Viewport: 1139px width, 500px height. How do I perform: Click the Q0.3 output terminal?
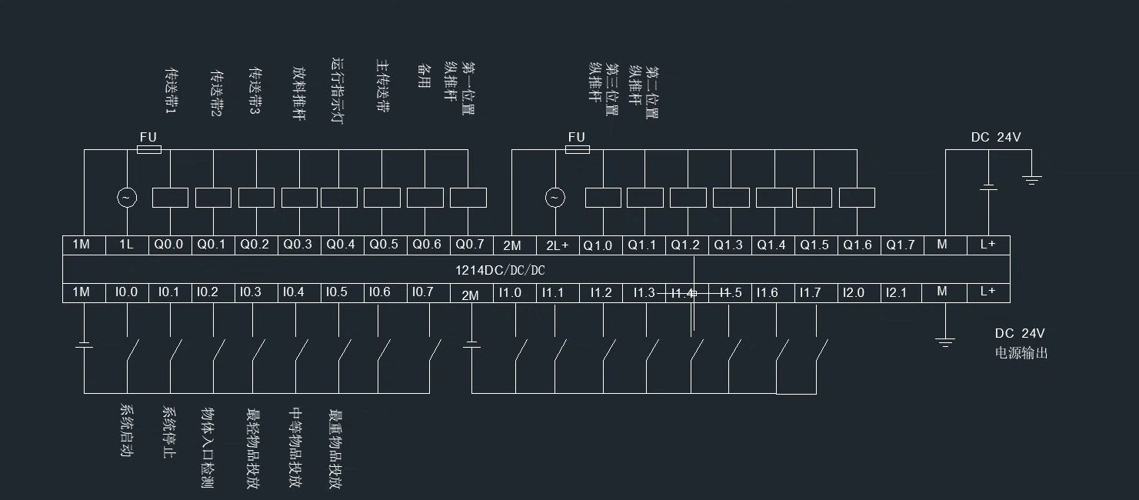[298, 245]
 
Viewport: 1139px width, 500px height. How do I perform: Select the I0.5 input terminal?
[337, 292]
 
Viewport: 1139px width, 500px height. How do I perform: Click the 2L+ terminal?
[557, 245]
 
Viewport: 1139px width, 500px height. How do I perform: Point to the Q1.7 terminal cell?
[901, 245]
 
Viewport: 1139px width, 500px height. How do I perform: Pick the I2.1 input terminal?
[896, 292]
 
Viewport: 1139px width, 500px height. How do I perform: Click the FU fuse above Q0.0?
[148, 149]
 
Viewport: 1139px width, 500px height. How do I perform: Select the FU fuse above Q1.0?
[577, 149]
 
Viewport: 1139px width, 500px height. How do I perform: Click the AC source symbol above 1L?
[126, 198]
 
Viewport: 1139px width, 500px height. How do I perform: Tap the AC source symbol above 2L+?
[555, 198]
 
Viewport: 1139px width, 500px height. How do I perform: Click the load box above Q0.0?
[170, 198]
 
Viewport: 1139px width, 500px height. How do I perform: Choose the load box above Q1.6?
[857, 198]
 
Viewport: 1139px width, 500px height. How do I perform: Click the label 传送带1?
[171, 92]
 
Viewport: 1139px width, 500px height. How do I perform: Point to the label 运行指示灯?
[337, 91]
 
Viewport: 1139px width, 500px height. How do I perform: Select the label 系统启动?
[127, 431]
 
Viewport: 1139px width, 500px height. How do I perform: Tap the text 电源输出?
[1021, 353]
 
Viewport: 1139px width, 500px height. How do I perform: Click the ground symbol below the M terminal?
[945, 341]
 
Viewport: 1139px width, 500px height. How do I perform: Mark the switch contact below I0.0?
[132, 353]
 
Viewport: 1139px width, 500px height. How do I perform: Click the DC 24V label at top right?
[996, 138]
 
